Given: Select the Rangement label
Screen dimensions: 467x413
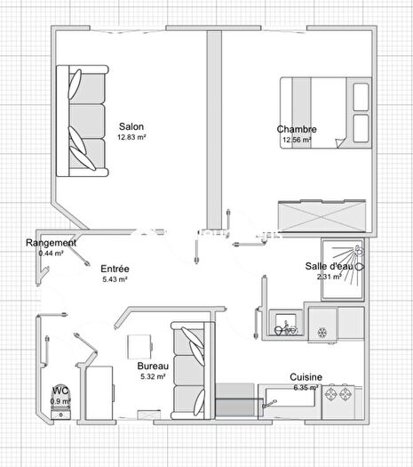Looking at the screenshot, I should pyautogui.click(x=51, y=243).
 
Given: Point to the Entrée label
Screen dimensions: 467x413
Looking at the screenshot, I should pyautogui.click(x=114, y=269).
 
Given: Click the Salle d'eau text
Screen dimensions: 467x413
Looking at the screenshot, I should pyautogui.click(x=330, y=266).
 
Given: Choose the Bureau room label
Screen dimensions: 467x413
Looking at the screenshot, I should pyautogui.click(x=153, y=366).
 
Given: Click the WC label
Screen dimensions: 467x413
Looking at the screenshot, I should pyautogui.click(x=60, y=390).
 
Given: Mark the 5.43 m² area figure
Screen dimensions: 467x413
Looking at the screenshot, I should pyautogui.click(x=115, y=279).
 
